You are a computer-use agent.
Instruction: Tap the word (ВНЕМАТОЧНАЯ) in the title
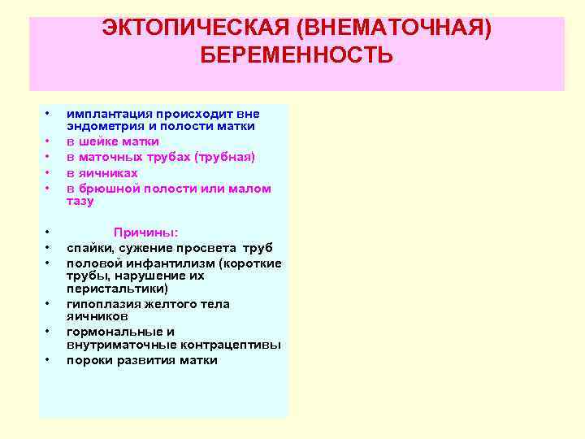click(394, 30)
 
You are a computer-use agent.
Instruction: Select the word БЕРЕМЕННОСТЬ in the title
click(297, 56)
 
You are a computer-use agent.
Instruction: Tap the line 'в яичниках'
click(102, 173)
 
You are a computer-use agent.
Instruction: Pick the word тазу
click(80, 201)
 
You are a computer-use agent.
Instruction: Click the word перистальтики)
click(118, 289)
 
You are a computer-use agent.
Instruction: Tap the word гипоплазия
click(102, 304)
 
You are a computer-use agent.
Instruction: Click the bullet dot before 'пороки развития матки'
click(49, 360)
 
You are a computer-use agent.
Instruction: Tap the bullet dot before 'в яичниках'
click(49, 173)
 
